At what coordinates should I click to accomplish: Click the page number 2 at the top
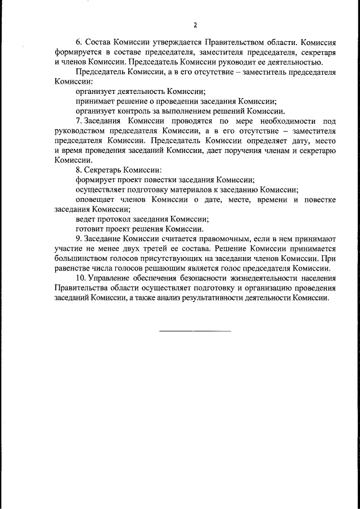pos(195,25)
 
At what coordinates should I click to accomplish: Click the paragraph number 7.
pos(78,121)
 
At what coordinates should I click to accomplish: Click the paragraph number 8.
pos(78,170)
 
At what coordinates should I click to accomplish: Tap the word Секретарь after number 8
pos(103,170)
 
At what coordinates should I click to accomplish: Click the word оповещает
pos(96,200)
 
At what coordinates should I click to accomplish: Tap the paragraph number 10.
pos(80,278)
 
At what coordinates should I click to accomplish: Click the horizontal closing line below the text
pos(195,330)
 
